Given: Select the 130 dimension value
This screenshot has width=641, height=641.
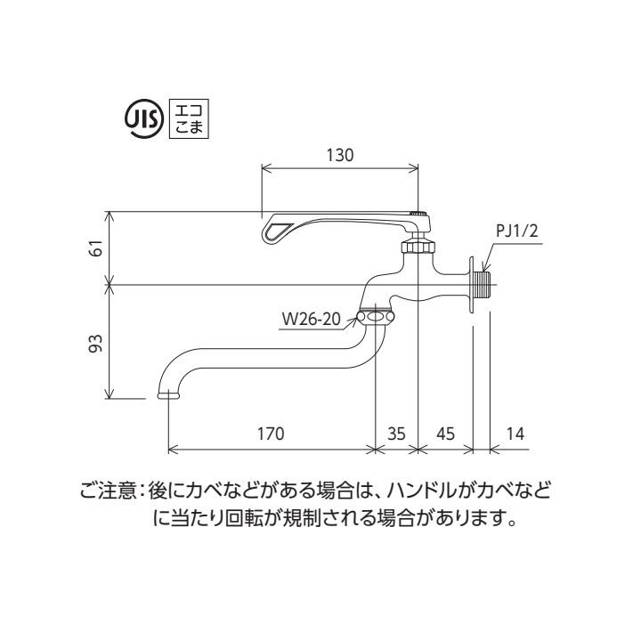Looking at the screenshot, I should [x=340, y=154].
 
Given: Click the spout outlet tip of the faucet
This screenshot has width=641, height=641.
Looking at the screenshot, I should [x=167, y=394].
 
